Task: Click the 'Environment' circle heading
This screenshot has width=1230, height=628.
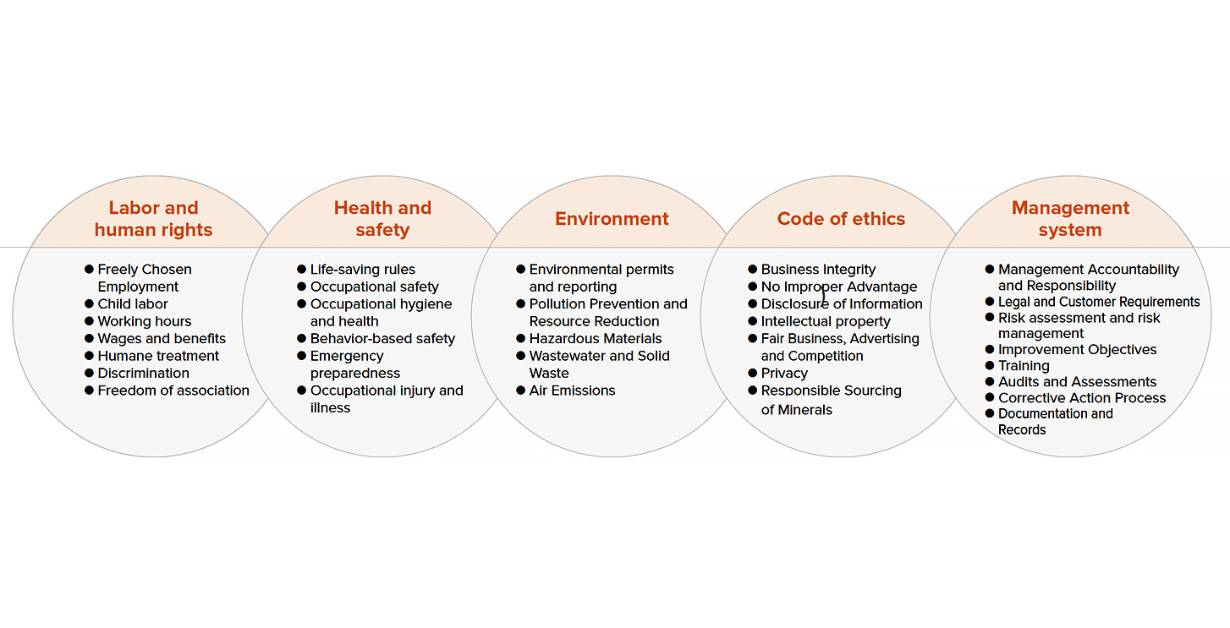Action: tap(612, 219)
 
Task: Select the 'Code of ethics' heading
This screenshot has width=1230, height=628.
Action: tap(841, 219)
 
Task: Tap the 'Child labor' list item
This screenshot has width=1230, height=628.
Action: tap(133, 303)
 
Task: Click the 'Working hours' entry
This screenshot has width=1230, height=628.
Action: tap(145, 321)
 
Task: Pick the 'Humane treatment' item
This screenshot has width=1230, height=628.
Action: tap(158, 356)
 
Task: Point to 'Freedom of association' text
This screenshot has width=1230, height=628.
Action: tap(173, 390)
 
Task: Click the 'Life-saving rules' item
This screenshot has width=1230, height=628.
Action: tap(363, 270)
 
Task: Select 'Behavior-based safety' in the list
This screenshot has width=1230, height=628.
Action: tap(382, 339)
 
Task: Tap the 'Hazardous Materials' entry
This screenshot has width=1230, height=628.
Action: tap(596, 339)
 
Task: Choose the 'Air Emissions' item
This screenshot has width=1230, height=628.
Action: tap(572, 390)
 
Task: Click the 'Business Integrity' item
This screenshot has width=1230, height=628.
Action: tap(818, 270)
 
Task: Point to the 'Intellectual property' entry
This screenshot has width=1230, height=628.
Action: tap(826, 321)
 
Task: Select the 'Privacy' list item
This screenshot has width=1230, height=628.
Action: tap(784, 374)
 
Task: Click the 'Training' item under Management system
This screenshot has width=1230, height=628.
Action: tap(1024, 366)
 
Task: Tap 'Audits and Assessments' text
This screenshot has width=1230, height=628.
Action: tap(1078, 382)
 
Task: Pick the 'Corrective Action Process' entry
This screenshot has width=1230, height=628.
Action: tap(1082, 397)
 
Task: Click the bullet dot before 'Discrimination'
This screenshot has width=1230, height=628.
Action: tap(89, 373)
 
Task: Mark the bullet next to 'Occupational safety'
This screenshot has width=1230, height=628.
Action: tap(301, 287)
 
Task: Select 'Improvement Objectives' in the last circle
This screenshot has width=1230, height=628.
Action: tap(1078, 350)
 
